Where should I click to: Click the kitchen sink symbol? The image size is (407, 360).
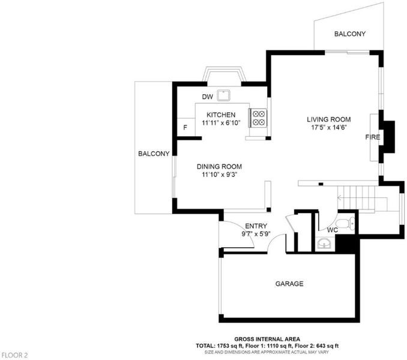[223, 95]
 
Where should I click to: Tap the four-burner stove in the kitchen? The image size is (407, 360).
[259, 118]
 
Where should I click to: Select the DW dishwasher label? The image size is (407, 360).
[207, 97]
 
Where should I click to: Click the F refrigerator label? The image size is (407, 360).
[185, 127]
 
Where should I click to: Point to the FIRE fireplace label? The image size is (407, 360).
[372, 137]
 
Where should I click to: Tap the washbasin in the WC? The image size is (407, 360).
[324, 244]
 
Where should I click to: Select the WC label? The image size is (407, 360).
[332, 230]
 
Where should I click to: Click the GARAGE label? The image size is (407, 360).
[289, 284]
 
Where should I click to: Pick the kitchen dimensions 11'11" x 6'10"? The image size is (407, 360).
[221, 122]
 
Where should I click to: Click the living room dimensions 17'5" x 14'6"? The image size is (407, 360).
[329, 127]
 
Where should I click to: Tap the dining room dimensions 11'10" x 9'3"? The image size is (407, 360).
[220, 175]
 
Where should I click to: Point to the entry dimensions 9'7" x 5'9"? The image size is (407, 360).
[256, 234]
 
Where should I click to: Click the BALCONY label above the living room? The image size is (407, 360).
[349, 34]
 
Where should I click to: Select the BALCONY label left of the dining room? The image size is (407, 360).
[154, 154]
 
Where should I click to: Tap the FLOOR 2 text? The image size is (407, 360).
[14, 355]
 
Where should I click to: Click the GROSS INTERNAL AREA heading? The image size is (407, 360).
[267, 339]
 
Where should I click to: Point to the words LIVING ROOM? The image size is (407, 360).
[329, 119]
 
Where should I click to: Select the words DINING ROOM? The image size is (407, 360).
[219, 167]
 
